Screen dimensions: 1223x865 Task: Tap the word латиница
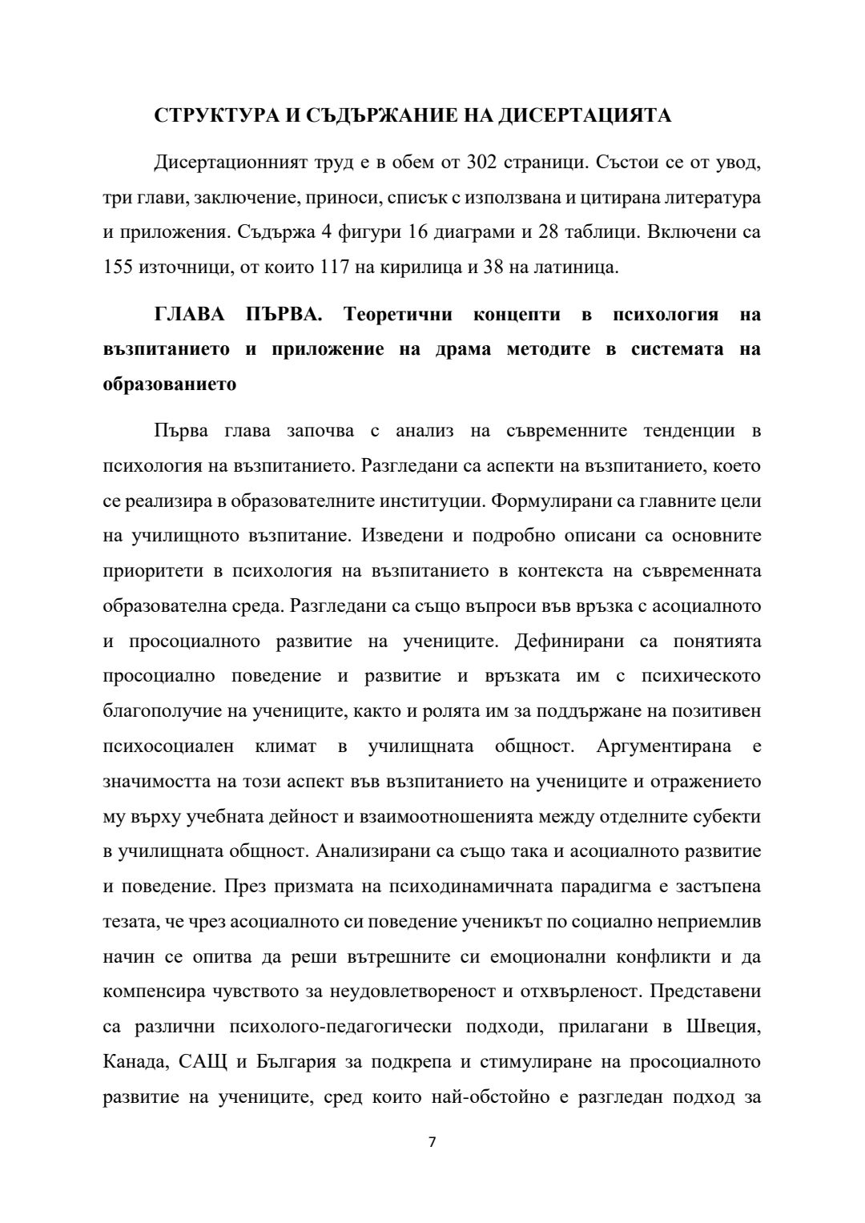click(573, 267)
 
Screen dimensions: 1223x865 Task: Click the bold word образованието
click(170, 384)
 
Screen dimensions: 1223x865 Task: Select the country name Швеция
click(722, 1027)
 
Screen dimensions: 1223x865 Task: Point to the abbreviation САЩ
click(203, 1062)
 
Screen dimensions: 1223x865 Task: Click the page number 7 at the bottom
click(432, 1142)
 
